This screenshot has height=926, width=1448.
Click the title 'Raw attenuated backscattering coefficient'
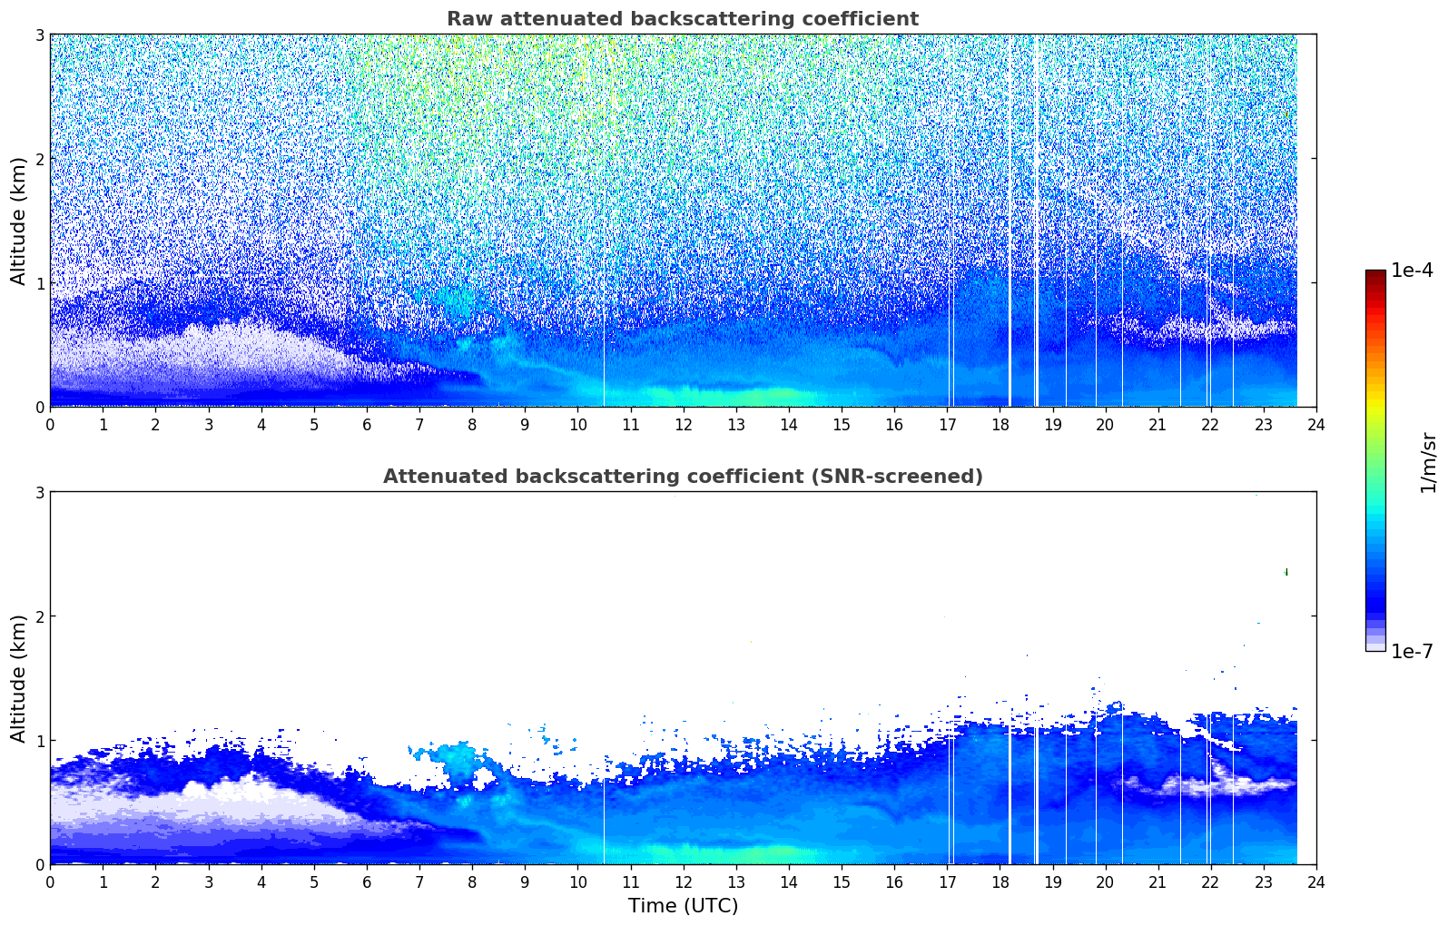[x=682, y=19]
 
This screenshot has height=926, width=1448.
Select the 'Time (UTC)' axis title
[x=683, y=905]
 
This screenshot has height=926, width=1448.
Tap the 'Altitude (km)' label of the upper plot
[x=18, y=221]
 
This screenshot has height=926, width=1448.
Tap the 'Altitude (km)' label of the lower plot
[x=18, y=678]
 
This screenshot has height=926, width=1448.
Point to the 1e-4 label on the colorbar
[x=1412, y=271]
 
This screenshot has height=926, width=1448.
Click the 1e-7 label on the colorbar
[x=1412, y=651]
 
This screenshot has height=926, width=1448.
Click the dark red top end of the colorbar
[x=1375, y=273]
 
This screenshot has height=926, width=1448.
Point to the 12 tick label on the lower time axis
[x=683, y=882]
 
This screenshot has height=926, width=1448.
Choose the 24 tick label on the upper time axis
[x=1315, y=424]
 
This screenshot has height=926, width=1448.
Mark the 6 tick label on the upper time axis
[x=367, y=424]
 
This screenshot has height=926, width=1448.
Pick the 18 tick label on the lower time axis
[x=1000, y=882]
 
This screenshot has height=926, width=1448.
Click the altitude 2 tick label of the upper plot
[x=39, y=159]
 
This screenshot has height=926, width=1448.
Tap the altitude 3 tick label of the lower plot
[x=39, y=492]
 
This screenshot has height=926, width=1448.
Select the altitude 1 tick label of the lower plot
[x=39, y=740]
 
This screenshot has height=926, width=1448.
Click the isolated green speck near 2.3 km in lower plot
[x=1286, y=572]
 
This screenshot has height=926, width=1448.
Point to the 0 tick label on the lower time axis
[x=50, y=882]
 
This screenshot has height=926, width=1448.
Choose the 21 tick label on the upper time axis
[x=1157, y=424]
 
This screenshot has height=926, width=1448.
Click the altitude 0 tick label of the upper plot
[x=39, y=407]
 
